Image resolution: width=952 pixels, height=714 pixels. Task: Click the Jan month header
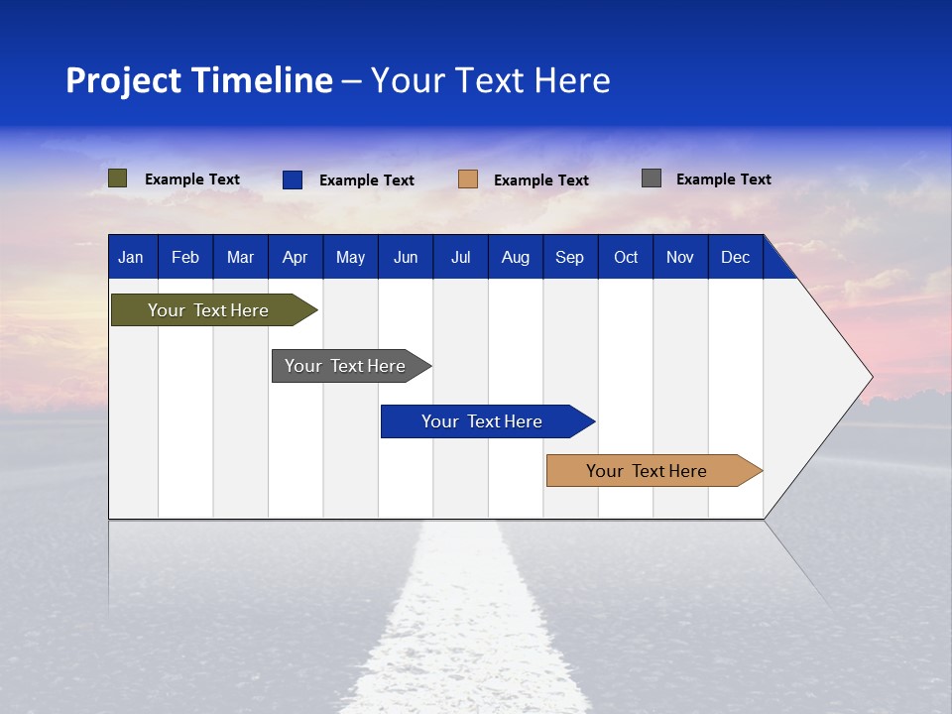pos(131,257)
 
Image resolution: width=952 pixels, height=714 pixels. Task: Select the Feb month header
pos(185,257)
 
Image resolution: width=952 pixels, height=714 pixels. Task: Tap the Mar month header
pos(240,257)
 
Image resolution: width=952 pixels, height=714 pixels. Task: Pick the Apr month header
pos(295,257)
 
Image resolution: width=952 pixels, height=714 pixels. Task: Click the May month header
pos(350,257)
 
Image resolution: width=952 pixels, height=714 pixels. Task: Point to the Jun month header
pos(406,257)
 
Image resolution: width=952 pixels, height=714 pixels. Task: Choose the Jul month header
pos(460,257)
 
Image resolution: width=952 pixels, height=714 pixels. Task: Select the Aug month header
pos(515,257)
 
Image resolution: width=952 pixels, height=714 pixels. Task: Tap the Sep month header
pos(569,257)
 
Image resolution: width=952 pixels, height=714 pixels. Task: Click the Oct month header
pos(626,257)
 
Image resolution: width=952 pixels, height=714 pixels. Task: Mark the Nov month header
pos(680,257)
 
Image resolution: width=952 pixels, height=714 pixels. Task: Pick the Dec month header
pos(735,257)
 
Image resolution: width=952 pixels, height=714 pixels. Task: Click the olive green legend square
pos(118,178)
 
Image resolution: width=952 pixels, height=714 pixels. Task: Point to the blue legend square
pos(293,179)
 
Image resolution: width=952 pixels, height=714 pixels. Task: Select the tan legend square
pos(468,179)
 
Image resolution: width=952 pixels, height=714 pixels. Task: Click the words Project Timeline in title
pos(198,80)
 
